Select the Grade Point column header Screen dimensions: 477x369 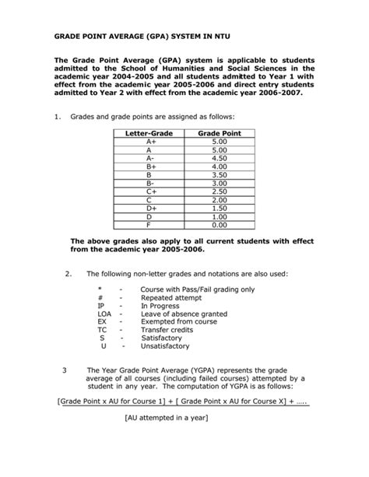point(219,134)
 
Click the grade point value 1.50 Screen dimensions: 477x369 point(219,209)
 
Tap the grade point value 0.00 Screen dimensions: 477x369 point(219,225)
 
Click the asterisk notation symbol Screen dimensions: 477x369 point(100,290)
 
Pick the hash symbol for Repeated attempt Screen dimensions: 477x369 point(100,298)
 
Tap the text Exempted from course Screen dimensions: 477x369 point(176,322)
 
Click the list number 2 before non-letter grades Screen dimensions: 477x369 point(69,274)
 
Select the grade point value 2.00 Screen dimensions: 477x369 point(219,200)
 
